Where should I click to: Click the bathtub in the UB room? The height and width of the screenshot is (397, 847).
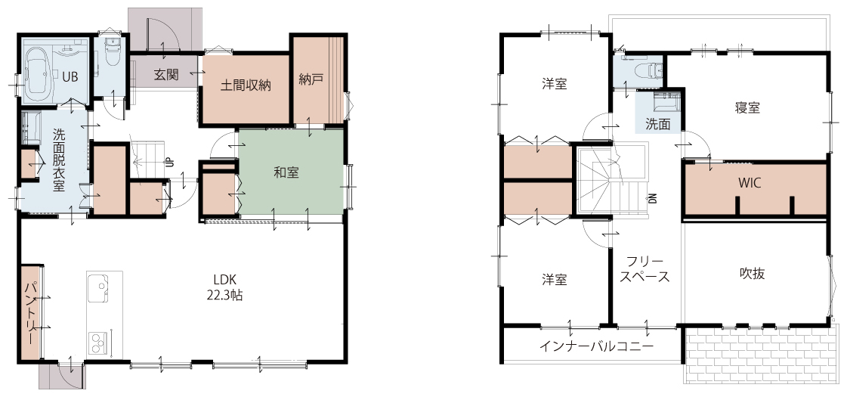pyautogui.click(x=37, y=71)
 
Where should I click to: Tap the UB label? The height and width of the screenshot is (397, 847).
pyautogui.click(x=70, y=77)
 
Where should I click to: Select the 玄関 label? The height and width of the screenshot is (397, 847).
pyautogui.click(x=165, y=74)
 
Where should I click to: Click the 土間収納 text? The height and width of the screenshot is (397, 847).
pyautogui.click(x=246, y=85)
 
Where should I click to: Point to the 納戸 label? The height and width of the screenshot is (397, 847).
pyautogui.click(x=311, y=79)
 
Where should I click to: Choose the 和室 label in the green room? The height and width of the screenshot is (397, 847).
pyautogui.click(x=286, y=172)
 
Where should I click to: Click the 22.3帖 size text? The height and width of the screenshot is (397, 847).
pyautogui.click(x=224, y=295)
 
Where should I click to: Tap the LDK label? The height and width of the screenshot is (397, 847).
pyautogui.click(x=224, y=280)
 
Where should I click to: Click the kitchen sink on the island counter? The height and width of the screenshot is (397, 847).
pyautogui.click(x=98, y=290)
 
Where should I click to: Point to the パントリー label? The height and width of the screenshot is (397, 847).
pyautogui.click(x=31, y=312)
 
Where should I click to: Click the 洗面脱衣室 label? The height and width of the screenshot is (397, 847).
pyautogui.click(x=59, y=160)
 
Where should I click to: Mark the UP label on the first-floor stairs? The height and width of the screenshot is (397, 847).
pyautogui.click(x=169, y=162)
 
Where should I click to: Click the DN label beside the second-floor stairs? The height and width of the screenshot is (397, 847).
pyautogui.click(x=653, y=198)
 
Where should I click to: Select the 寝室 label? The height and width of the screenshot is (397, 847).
pyautogui.click(x=747, y=107)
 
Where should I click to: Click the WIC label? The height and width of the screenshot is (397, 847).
pyautogui.click(x=750, y=183)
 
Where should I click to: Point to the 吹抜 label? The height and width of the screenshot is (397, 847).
pyautogui.click(x=752, y=273)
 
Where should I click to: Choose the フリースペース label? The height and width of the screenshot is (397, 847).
pyautogui.click(x=645, y=268)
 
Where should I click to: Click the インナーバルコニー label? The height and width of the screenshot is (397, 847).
pyautogui.click(x=596, y=346)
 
